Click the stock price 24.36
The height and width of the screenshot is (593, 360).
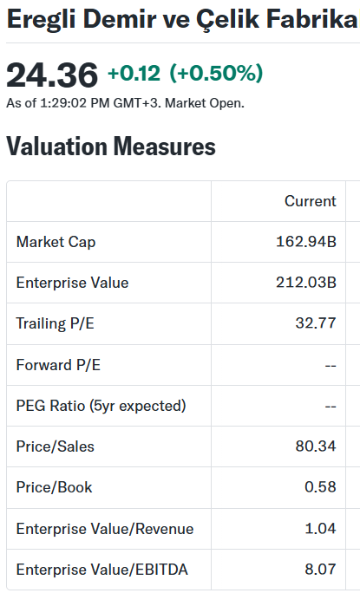point(52,75)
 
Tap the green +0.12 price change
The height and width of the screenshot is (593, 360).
point(134,73)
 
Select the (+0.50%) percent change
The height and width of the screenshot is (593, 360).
point(216,73)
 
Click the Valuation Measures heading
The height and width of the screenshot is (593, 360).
point(111,147)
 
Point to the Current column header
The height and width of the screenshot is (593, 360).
point(311,201)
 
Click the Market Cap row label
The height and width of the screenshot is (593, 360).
point(56,243)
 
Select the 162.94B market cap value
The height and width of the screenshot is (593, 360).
point(306,242)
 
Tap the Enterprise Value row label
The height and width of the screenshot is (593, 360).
point(72,283)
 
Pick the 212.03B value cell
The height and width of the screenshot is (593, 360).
point(306,283)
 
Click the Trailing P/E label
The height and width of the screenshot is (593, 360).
point(55,323)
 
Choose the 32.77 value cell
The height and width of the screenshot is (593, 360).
point(316,323)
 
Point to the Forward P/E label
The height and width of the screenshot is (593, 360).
point(58,365)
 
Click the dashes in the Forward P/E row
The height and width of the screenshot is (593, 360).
point(331,366)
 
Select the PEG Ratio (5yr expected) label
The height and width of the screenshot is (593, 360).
point(101,406)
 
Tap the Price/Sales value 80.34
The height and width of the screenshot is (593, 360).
point(316,446)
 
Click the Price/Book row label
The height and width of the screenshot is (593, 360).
point(54,487)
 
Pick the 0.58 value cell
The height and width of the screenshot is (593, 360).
point(320,487)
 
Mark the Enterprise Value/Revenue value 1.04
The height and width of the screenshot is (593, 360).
point(320,528)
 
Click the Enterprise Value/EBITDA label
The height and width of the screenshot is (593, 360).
point(101,570)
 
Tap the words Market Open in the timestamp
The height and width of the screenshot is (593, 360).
point(205,103)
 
